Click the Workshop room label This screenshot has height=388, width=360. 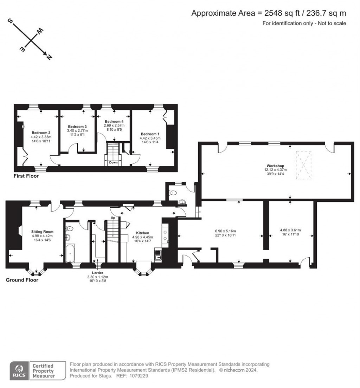[275, 165]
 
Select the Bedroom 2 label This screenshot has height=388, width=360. [41, 132]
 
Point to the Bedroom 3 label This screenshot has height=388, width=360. [77, 127]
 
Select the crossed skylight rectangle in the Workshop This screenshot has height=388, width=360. [303, 165]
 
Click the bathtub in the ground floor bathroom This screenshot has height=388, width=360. [69, 254]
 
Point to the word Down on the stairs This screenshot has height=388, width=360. [113, 163]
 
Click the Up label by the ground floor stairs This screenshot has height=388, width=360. [113, 218]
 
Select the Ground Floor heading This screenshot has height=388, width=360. [22, 280]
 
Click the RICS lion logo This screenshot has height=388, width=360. [19, 370]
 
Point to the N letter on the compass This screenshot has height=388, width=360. [49, 57]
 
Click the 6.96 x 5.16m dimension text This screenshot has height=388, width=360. [220, 231]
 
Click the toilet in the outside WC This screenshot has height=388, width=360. [172, 193]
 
